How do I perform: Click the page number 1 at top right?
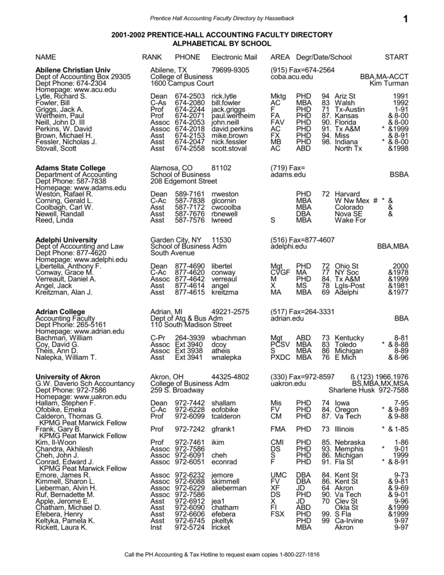tap(406, 20)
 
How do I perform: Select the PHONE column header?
tap(187, 57)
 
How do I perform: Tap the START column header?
tap(396, 57)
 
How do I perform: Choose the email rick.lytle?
tap(225, 97)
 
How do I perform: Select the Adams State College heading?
tap(70, 168)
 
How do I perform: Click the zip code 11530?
tap(222, 240)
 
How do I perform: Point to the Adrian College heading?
tap(60, 312)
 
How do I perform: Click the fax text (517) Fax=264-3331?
tap(303, 312)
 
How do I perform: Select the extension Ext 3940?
tap(188, 344)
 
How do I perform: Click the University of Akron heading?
tap(68, 376)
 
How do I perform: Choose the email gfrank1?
tap(223, 430)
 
